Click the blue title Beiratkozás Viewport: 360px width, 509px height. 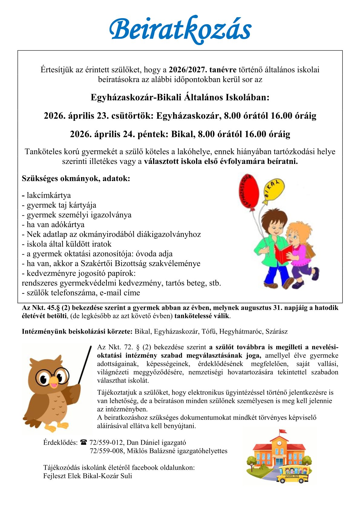[x=180, y=30]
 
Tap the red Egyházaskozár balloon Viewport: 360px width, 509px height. [x=249, y=191]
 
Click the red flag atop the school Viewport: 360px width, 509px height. [x=283, y=431]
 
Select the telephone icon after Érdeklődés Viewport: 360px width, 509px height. [x=83, y=442]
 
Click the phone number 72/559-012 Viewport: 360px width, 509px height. [x=106, y=443]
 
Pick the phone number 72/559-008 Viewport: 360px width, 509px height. [x=107, y=451]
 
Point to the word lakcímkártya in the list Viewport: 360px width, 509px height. [x=49, y=195]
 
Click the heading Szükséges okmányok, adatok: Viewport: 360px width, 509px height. [x=76, y=178]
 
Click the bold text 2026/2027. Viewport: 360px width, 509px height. [x=188, y=70]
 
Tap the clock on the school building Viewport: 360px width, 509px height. [x=279, y=443]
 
